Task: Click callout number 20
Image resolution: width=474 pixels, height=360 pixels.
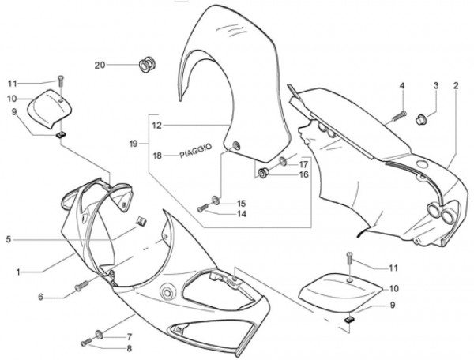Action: pos(100,65)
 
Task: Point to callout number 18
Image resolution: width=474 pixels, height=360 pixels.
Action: pos(157,156)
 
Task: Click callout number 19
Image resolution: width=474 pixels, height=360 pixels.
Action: pos(134,143)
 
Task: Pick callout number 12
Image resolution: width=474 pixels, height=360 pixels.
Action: pos(156,125)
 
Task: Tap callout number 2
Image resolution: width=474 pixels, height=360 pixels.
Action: pos(456,84)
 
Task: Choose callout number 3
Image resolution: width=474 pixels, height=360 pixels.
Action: pos(434,84)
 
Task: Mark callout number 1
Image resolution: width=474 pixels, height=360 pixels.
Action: pos(17,272)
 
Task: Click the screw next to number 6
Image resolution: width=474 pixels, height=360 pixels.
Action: pos(81,287)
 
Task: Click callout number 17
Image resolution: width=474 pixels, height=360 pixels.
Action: pos(303,163)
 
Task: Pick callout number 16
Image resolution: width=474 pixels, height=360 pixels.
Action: pos(303,174)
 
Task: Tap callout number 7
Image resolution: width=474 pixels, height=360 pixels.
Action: pos(130,336)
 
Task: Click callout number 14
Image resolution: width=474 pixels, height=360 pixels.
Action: pos(240,213)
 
